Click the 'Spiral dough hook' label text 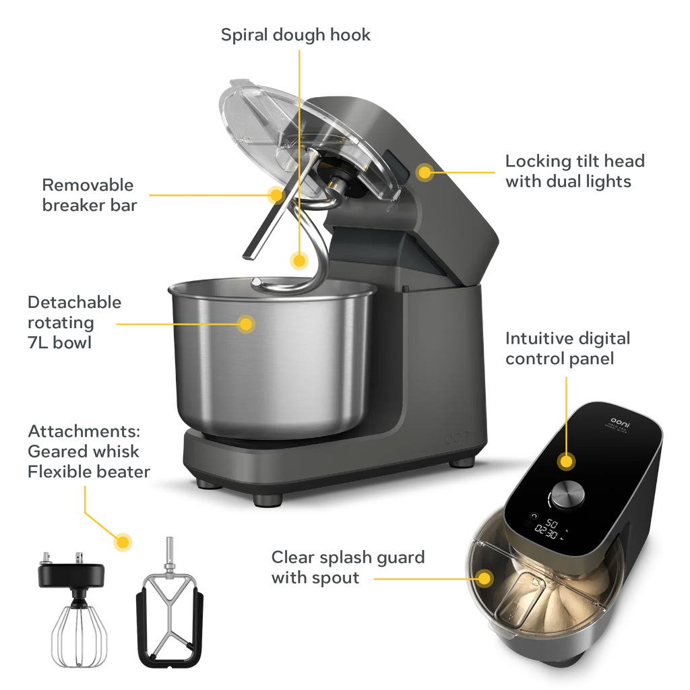[296, 35]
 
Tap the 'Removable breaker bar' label [88, 195]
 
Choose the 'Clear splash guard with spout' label [348, 567]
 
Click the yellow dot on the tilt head [424, 172]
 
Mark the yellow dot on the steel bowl [247, 324]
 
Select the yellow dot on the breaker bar [274, 195]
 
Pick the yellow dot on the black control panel [567, 462]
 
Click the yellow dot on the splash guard [484, 577]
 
